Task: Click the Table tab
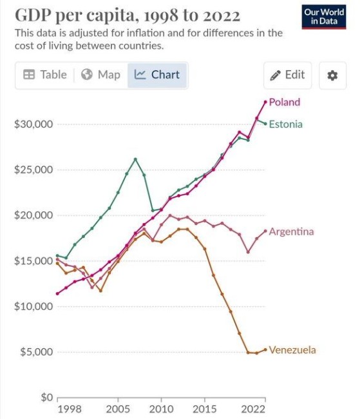coord(45,75)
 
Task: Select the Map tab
coord(101,75)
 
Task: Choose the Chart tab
coord(158,75)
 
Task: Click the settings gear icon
coord(332,75)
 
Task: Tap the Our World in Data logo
coord(323,17)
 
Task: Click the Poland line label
coord(284,102)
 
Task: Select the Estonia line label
coord(285,124)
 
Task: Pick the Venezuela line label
coord(292,350)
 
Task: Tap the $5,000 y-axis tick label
coord(35,352)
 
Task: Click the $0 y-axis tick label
coord(43,397)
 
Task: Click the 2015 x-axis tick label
coord(205,409)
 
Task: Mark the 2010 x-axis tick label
coord(160,409)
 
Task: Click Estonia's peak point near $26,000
coord(135,159)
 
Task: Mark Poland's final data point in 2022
coord(265,101)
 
